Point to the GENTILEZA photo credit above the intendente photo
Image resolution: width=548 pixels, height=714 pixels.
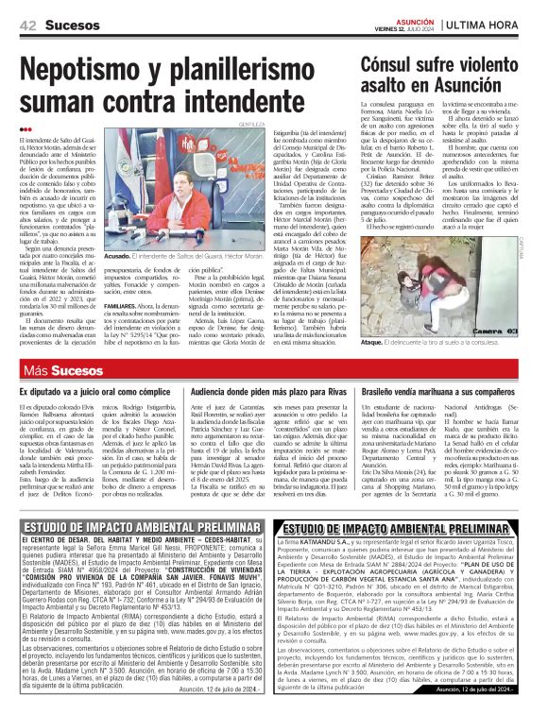click(x=250, y=150)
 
